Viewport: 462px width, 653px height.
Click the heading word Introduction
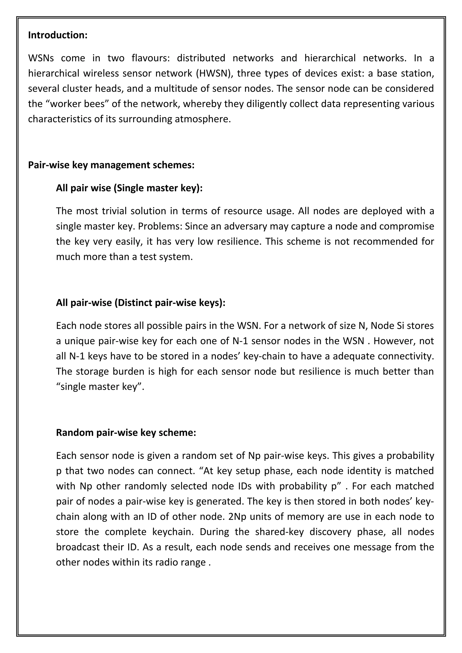coord(58,35)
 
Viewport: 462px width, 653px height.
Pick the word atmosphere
coord(202,119)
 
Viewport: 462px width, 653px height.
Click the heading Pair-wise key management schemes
coord(111,165)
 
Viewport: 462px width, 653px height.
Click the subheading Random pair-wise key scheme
coord(126,432)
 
